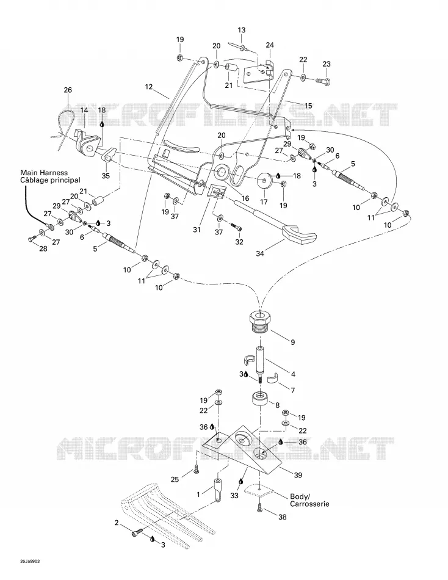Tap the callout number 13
pos(241,30)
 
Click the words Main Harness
pos(44,172)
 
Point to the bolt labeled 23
pos(323,80)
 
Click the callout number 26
pos(68,90)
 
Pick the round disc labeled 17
pos(264,180)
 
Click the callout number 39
pos(298,476)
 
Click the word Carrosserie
pos(309,504)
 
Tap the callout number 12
pos(149,87)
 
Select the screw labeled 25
pos(196,469)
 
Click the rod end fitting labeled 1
pos(217,490)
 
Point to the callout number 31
pos(197,230)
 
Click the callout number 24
pos(270,45)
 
